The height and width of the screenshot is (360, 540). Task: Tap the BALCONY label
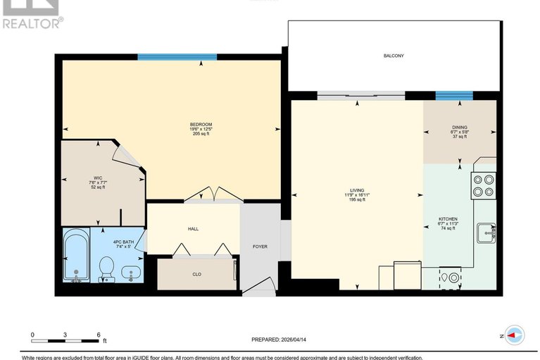click(394, 56)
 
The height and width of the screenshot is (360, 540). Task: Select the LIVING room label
click(358, 190)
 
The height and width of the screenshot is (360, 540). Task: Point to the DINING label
click(459, 128)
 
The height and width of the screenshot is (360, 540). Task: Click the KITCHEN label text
click(448, 219)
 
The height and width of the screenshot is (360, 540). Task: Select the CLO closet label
click(196, 275)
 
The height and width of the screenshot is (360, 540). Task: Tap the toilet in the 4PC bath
click(107, 268)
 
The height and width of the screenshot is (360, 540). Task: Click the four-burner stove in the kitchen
click(484, 183)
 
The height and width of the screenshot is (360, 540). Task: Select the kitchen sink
click(486, 231)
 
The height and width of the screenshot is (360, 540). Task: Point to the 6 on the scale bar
click(99, 334)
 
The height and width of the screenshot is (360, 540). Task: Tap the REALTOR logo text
click(32, 23)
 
